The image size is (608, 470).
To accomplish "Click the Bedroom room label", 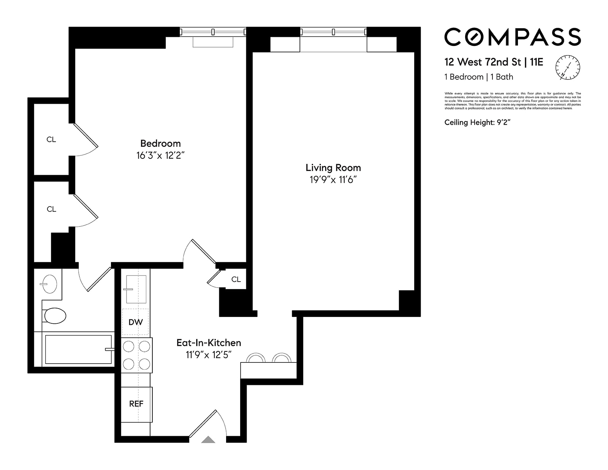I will (160, 143).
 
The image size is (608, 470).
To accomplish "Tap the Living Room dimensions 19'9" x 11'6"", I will (333, 180).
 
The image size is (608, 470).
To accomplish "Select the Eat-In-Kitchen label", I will (209, 343).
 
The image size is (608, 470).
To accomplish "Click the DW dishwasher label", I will (136, 322).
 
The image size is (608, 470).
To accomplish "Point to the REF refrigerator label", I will (136, 404).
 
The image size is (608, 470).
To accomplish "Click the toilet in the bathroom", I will (54, 315).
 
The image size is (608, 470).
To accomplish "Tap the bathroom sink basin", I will (49, 283).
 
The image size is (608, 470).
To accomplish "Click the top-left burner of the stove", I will (129, 347).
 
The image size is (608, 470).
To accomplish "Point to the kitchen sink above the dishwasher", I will (136, 289).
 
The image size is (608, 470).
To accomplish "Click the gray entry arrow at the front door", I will (208, 440).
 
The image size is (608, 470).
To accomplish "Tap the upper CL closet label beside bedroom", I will (51, 139).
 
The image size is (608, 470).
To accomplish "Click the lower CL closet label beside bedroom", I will (51, 209).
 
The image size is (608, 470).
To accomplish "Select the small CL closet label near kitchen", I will (236, 279).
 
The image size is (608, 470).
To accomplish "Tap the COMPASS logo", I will (513, 37).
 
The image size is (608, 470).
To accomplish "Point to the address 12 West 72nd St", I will (483, 62).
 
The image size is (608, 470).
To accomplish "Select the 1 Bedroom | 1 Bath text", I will (479, 77).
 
